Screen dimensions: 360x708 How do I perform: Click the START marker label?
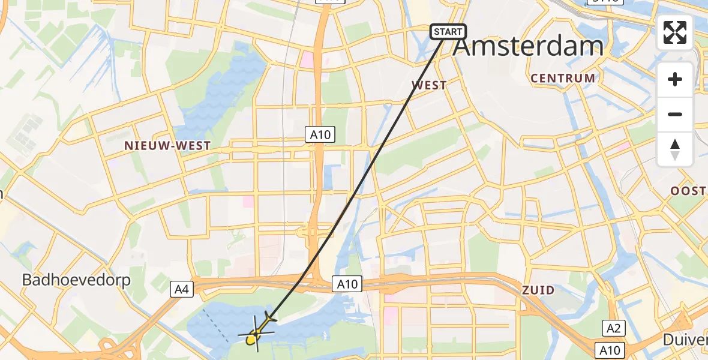click(x=448, y=32)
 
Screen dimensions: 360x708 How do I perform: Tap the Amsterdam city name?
click(x=528, y=46)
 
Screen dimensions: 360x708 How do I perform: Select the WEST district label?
click(x=429, y=85)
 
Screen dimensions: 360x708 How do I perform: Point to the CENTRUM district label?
click(x=563, y=78)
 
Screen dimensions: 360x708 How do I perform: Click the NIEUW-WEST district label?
click(x=167, y=146)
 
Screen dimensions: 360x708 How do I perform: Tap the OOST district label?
click(x=688, y=191)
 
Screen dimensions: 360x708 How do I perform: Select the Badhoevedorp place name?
click(x=76, y=280)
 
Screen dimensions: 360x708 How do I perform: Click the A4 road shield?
click(x=182, y=290)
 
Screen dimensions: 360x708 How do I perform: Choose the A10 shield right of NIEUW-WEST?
click(x=320, y=135)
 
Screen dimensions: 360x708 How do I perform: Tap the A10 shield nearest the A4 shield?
click(x=347, y=283)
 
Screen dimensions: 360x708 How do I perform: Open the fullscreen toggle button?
click(x=675, y=32)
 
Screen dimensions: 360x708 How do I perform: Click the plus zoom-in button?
click(x=675, y=79)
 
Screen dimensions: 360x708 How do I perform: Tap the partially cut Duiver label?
click(x=685, y=340)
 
